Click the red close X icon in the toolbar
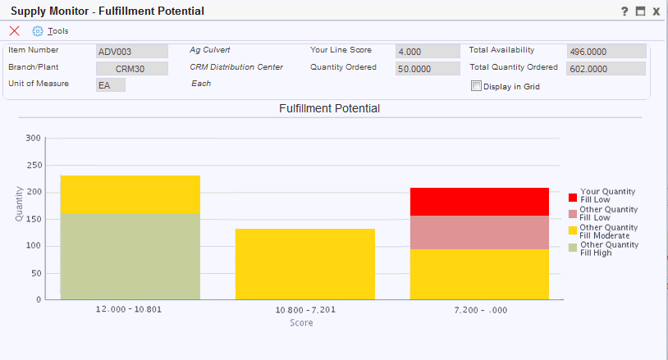click(x=14, y=31)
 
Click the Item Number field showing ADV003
click(x=131, y=52)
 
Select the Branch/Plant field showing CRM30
click(x=131, y=69)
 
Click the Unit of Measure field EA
click(x=111, y=85)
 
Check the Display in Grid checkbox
click(x=476, y=86)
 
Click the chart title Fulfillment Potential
click(x=329, y=108)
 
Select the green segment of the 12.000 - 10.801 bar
click(x=130, y=256)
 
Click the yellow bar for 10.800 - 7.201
click(x=304, y=264)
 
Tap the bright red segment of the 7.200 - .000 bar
click(x=479, y=202)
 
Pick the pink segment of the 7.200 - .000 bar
click(x=479, y=232)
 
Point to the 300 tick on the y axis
click(x=33, y=139)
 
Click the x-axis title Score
click(x=301, y=323)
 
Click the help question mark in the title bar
click(x=625, y=11)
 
